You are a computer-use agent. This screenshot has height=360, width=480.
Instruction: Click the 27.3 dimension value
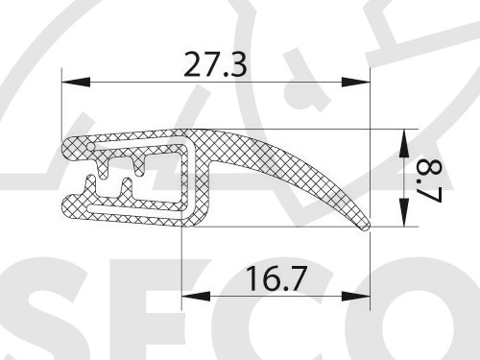tap(215, 65)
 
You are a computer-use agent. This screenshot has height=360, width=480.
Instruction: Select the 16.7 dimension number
tap(276, 278)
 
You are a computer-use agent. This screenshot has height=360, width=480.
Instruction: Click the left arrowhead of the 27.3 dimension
tap(75, 83)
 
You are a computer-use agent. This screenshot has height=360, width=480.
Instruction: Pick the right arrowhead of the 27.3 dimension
tap(356, 83)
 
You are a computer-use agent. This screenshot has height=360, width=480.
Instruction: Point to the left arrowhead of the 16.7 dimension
tap(196, 297)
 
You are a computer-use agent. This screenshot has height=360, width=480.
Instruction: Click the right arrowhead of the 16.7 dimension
tap(356, 297)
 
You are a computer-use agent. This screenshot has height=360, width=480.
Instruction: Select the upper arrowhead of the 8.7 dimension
tap(404, 143)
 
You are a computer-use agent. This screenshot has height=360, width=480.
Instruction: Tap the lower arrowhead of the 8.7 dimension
tap(404, 212)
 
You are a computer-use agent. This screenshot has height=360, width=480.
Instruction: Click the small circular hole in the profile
tap(91, 147)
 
